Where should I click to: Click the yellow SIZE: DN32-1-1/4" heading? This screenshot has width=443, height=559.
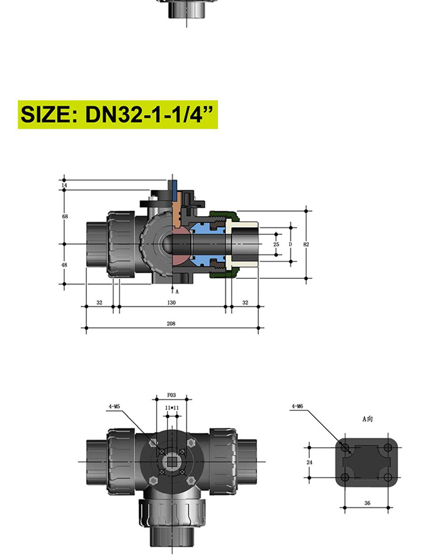tap(118, 114)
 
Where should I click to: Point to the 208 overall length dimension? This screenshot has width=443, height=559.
tap(172, 324)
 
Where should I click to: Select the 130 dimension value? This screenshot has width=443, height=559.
tap(172, 303)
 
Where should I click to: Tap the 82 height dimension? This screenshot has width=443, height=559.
tap(306, 244)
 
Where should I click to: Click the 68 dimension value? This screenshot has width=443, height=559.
tap(65, 216)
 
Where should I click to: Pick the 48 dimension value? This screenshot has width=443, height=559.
tap(65, 265)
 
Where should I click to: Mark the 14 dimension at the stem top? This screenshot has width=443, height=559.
tap(64, 185)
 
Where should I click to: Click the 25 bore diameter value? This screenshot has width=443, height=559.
tap(276, 245)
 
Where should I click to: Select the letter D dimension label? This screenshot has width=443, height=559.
tap(290, 245)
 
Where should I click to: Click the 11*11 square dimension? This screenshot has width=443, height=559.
tap(172, 408)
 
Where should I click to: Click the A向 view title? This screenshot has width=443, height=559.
tap(367, 419)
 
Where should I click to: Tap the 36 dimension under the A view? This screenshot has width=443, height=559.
tap(367, 503)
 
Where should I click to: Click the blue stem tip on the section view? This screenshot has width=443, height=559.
tap(174, 185)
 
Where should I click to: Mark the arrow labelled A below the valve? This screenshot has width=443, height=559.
tap(172, 290)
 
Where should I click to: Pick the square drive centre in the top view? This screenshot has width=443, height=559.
tap(172, 461)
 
